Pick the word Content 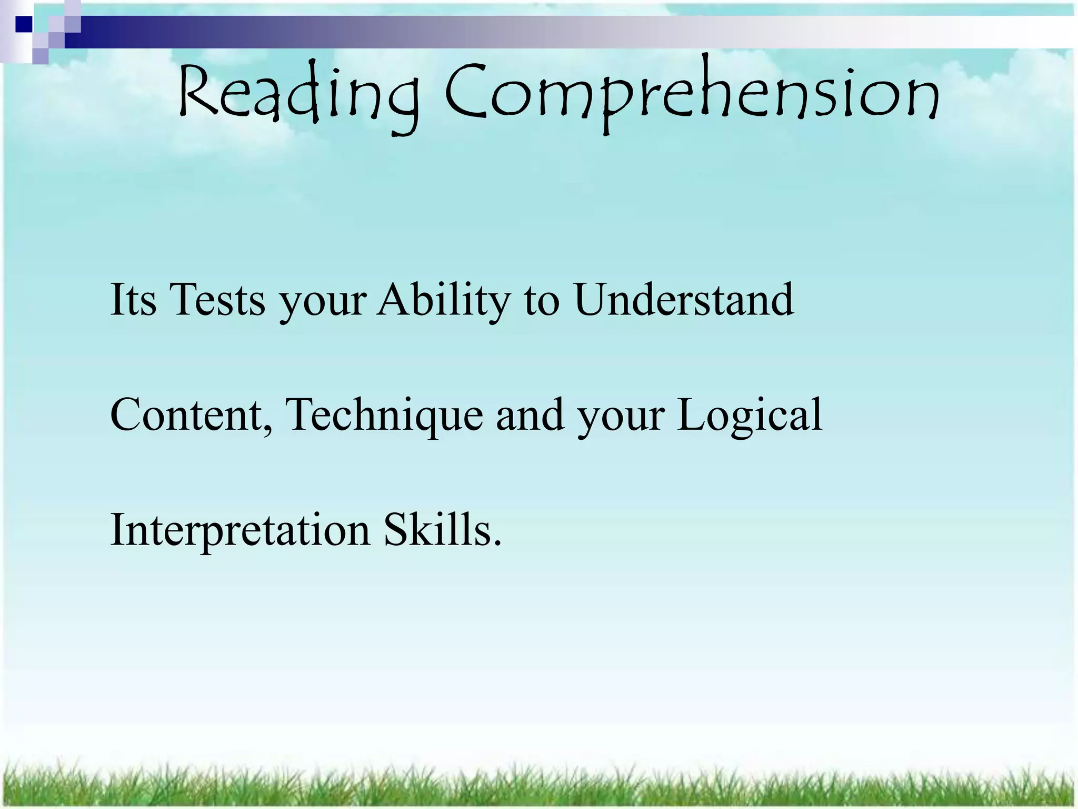[186, 415]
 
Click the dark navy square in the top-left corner [24, 24]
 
